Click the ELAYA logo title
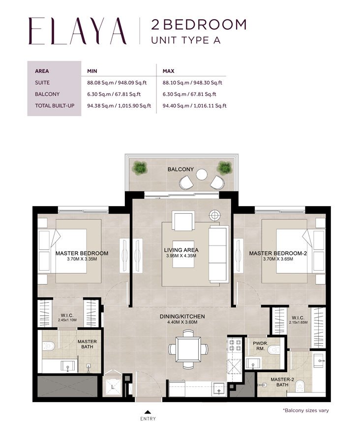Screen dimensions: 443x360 tap(77, 31)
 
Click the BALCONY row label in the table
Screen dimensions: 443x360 tap(48, 94)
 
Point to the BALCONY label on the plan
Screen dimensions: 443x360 tap(180, 169)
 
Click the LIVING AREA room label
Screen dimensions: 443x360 tap(181, 250)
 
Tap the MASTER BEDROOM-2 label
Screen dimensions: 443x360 tap(278, 253)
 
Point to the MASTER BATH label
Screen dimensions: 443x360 tap(88, 345)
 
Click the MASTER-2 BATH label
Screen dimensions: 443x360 tap(278, 381)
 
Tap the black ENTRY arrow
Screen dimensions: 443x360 tap(147, 411)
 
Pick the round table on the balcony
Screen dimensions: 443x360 tap(202, 174)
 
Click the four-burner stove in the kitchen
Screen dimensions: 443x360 tap(233, 345)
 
